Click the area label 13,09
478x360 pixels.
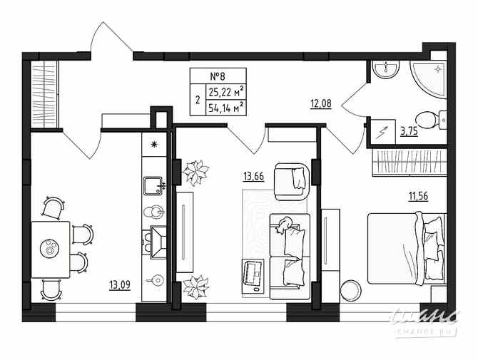119,287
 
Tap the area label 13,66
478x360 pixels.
253,176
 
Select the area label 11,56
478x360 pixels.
417,196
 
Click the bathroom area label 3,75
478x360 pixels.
410,130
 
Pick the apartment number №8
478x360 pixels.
218,76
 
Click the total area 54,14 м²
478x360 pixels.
225,108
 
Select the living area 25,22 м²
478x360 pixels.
225,91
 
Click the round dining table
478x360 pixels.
51,248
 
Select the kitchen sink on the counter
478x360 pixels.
153,187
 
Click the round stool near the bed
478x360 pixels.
351,291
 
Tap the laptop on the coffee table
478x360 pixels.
254,274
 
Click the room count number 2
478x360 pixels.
197,100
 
